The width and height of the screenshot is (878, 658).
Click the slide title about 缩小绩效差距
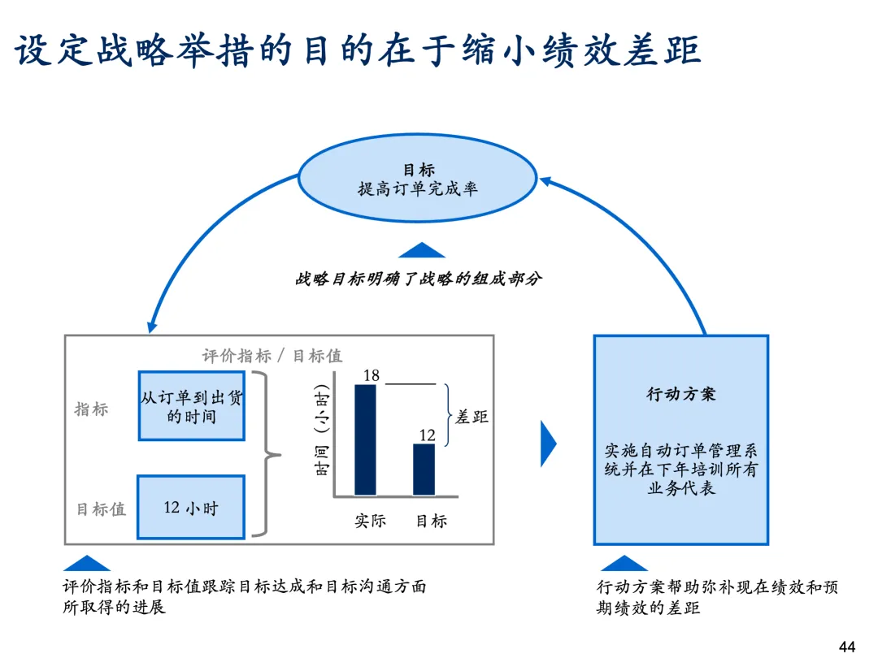coord(358,50)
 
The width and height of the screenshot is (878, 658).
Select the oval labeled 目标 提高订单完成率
coord(418,180)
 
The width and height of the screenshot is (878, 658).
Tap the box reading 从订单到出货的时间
coord(192,406)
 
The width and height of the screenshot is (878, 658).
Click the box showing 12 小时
coord(191,508)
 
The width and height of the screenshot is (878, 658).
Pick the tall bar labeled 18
coord(366,439)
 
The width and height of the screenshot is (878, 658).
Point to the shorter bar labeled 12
coord(424,470)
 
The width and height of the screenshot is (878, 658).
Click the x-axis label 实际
coord(370,521)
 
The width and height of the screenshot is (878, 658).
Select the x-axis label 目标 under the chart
coord(431,521)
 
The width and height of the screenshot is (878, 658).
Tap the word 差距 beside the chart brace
coord(472,417)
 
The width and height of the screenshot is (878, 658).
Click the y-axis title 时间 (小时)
coord(321,431)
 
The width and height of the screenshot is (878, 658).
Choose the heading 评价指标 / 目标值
coord(272,356)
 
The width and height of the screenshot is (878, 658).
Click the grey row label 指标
coord(91,409)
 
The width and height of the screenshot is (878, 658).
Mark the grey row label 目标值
coord(101,509)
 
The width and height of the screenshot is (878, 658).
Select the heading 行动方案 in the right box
coord(681,395)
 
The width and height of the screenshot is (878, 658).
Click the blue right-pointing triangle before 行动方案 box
coord(548,444)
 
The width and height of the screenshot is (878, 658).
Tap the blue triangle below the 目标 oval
coord(421,250)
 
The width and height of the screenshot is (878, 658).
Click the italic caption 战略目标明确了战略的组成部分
coord(418,279)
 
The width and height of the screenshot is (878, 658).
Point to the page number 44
coord(846,647)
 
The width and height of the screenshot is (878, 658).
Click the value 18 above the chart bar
coord(372,375)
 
